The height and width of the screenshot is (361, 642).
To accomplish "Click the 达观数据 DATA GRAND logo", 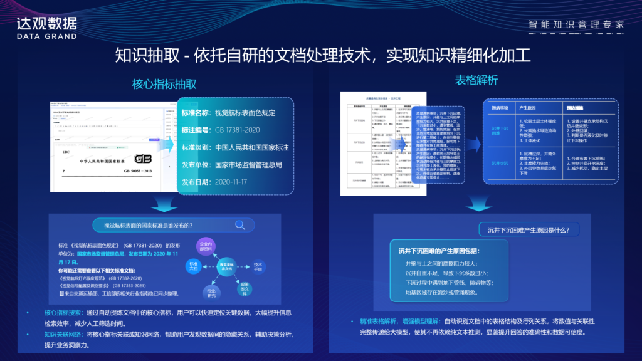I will point(47,28).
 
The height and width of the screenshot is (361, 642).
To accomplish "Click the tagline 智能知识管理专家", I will point(576,25).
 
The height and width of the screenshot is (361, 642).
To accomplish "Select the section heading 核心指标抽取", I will point(164,83).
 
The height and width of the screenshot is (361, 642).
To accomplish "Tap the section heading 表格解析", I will point(476,80).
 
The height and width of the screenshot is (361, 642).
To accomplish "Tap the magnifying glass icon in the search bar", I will point(240,225).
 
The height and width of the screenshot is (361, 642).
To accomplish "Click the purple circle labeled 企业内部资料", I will point(206,245).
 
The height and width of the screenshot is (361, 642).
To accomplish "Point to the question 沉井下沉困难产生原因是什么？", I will point(529,230).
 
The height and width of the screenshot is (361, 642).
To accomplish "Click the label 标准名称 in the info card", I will point(194,113).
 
